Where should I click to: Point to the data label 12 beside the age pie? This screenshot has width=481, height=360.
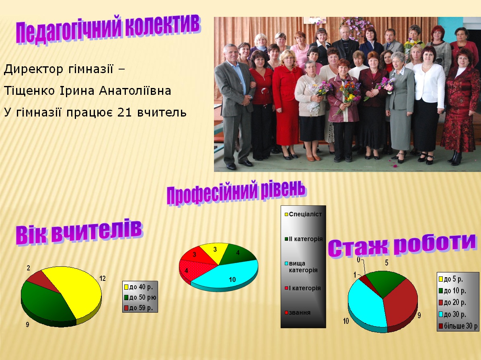(103, 278)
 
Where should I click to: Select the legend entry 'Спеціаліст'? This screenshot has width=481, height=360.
(303, 214)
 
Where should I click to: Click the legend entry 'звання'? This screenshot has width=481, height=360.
(298, 313)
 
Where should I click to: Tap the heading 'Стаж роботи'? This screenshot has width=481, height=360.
(402, 245)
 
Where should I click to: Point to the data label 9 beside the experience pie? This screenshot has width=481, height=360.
(419, 315)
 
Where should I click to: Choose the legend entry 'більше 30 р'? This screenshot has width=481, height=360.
(458, 326)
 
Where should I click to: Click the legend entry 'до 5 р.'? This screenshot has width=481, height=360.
(451, 279)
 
